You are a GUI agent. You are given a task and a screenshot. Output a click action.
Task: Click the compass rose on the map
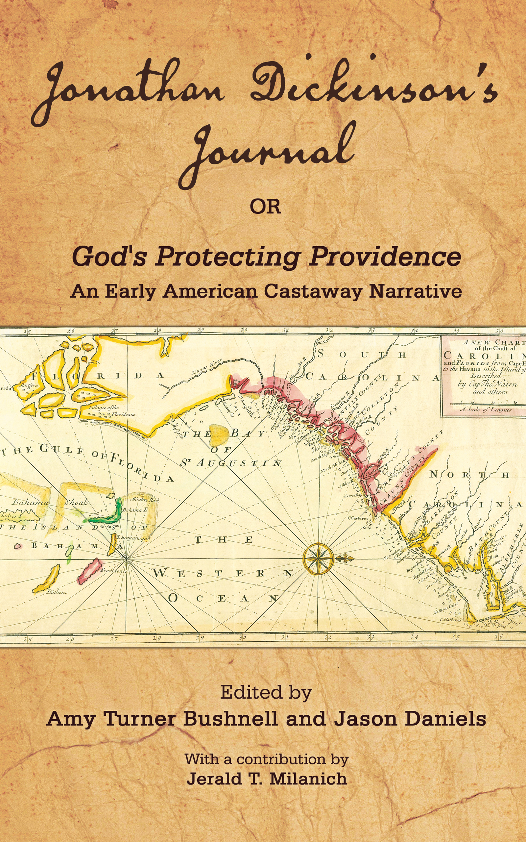pyautogui.click(x=318, y=558)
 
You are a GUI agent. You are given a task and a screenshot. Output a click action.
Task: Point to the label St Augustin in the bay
pyautogui.click(x=231, y=463)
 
